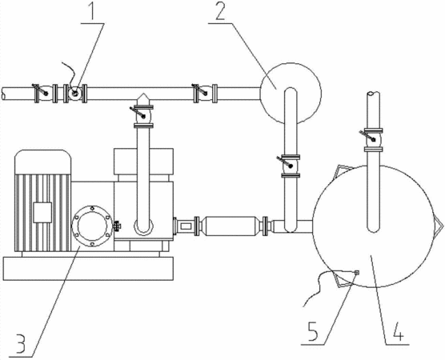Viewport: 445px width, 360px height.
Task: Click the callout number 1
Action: click(91, 10)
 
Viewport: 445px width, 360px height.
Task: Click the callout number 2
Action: click(220, 10)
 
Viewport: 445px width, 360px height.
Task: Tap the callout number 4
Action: click(398, 331)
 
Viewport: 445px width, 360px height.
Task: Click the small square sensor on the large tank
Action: click(357, 272)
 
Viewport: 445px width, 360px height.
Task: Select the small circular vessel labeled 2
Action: click(291, 93)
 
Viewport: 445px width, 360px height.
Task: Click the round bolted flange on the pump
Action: click(92, 226)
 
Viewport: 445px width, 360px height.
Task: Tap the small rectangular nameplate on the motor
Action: click(42, 212)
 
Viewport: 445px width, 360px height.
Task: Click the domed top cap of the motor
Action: click(43, 162)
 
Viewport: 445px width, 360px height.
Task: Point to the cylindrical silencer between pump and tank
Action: click(231, 226)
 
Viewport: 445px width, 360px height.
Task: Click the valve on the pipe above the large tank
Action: click(372, 139)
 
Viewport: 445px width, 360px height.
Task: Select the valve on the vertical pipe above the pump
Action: click(142, 116)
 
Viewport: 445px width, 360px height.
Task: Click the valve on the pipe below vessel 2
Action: click(290, 166)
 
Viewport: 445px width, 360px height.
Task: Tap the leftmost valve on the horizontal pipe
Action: click(42, 93)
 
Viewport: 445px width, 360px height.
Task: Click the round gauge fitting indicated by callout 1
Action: click(75, 94)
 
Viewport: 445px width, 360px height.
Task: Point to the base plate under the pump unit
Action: click(88, 268)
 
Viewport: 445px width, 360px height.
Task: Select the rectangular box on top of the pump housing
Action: click(143, 162)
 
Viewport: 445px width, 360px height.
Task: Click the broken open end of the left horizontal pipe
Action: click(3, 94)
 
